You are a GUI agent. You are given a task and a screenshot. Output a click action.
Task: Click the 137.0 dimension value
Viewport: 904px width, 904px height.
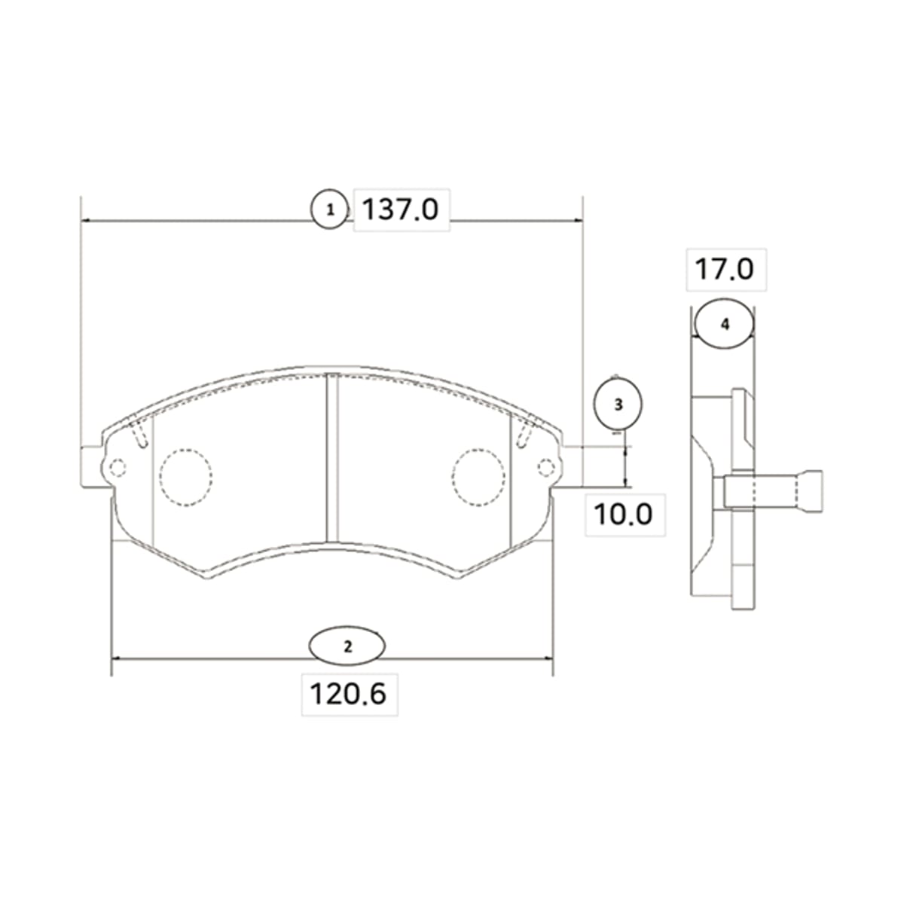(400, 209)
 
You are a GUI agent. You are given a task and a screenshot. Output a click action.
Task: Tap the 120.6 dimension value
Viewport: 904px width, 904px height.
(348, 694)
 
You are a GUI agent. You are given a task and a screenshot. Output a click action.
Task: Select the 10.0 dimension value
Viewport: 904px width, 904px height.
(623, 515)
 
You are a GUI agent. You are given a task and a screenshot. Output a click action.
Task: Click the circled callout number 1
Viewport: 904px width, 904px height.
(330, 209)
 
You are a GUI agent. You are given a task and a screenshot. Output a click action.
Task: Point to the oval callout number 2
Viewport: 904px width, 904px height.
(347, 646)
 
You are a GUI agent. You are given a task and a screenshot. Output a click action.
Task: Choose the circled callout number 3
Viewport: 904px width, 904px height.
(618, 405)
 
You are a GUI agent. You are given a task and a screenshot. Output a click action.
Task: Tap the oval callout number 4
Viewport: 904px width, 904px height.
(725, 324)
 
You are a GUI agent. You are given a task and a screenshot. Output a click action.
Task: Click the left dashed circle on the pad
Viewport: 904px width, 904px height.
(186, 477)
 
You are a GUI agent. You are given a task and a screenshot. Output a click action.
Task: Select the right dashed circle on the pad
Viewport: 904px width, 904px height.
(478, 477)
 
